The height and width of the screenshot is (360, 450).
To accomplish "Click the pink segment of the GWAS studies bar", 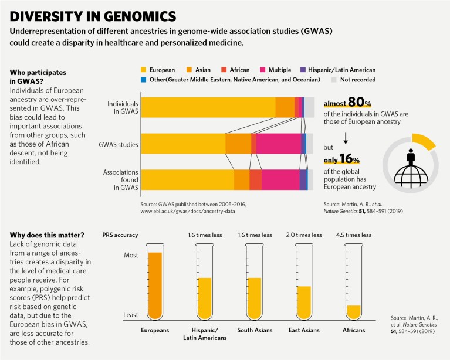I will [278, 143].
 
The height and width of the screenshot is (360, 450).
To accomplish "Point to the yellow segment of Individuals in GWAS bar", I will [208, 107].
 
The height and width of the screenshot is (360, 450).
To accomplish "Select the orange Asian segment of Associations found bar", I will [242, 179].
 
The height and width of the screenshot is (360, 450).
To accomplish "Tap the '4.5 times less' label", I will [353, 235].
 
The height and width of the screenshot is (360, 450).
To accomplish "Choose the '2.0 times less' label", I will [303, 235].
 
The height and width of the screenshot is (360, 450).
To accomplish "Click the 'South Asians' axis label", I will [254, 330].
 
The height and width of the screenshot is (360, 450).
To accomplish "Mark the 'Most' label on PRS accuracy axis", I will [131, 256].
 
